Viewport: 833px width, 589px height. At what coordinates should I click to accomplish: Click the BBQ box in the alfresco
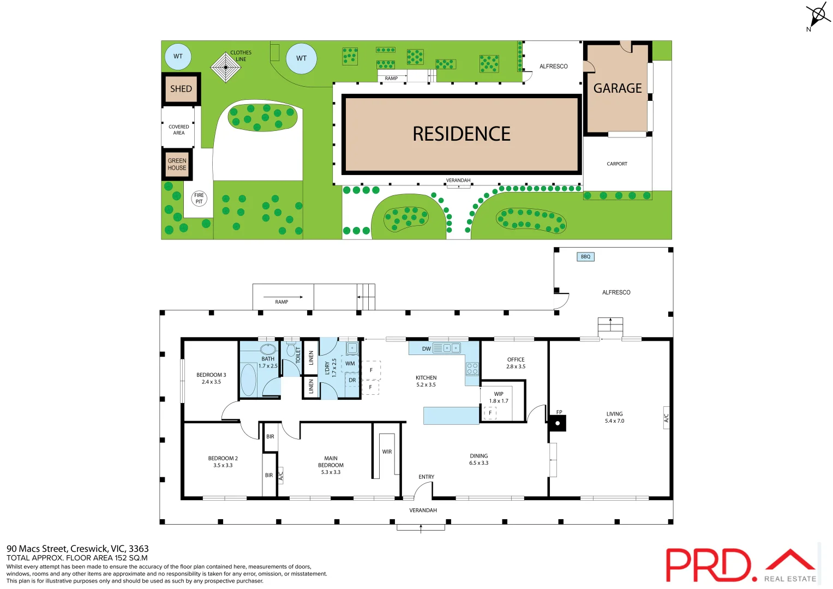[x=585, y=256]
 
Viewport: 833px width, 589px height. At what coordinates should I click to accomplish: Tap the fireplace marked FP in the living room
[x=558, y=423]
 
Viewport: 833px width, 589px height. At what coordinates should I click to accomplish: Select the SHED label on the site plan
[x=181, y=89]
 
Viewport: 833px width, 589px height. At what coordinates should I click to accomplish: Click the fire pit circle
[x=199, y=199]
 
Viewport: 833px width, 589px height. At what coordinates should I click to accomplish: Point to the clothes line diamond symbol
[x=225, y=67]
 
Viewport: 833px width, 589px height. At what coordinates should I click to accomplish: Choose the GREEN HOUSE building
[x=177, y=164]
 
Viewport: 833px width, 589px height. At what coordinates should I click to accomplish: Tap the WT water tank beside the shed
[x=178, y=56]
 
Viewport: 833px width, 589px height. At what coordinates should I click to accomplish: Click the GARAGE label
[x=618, y=88]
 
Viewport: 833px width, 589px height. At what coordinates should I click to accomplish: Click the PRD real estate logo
[x=741, y=565]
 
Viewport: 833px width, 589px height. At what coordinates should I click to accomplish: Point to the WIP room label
[x=499, y=394]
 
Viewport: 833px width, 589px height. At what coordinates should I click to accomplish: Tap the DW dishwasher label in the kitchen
[x=426, y=348]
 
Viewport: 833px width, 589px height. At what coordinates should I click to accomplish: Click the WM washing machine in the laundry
[x=350, y=363]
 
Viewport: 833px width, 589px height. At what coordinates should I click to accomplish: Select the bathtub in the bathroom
[x=248, y=379]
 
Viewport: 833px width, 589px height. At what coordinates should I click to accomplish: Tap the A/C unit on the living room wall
[x=666, y=418]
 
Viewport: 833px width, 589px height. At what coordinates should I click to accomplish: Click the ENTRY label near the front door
[x=427, y=477]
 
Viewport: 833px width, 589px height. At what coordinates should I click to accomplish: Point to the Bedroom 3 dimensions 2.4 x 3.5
[x=211, y=382]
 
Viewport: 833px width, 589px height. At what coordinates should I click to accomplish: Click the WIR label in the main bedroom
[x=387, y=452]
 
